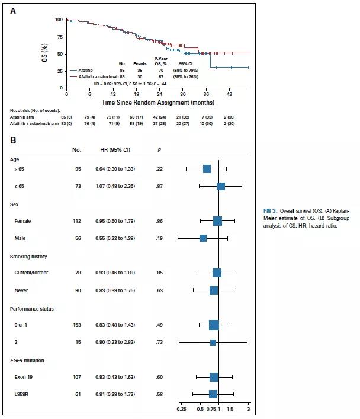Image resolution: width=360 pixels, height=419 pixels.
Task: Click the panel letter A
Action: [x=13, y=8]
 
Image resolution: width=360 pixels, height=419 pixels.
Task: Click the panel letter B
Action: [x=13, y=140]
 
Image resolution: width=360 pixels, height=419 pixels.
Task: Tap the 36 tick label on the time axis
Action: [x=206, y=94]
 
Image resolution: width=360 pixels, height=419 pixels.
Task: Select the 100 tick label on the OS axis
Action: [x=59, y=20]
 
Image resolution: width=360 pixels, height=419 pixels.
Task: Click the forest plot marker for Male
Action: [x=203, y=238]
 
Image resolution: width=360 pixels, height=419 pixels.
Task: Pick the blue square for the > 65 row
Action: [x=207, y=169]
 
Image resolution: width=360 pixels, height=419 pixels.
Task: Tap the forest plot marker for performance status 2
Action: [x=213, y=343]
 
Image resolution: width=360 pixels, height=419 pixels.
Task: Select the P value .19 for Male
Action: [x=159, y=238]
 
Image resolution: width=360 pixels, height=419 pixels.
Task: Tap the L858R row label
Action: [x=24, y=394]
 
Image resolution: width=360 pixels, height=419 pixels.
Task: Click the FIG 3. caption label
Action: [x=272, y=211]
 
